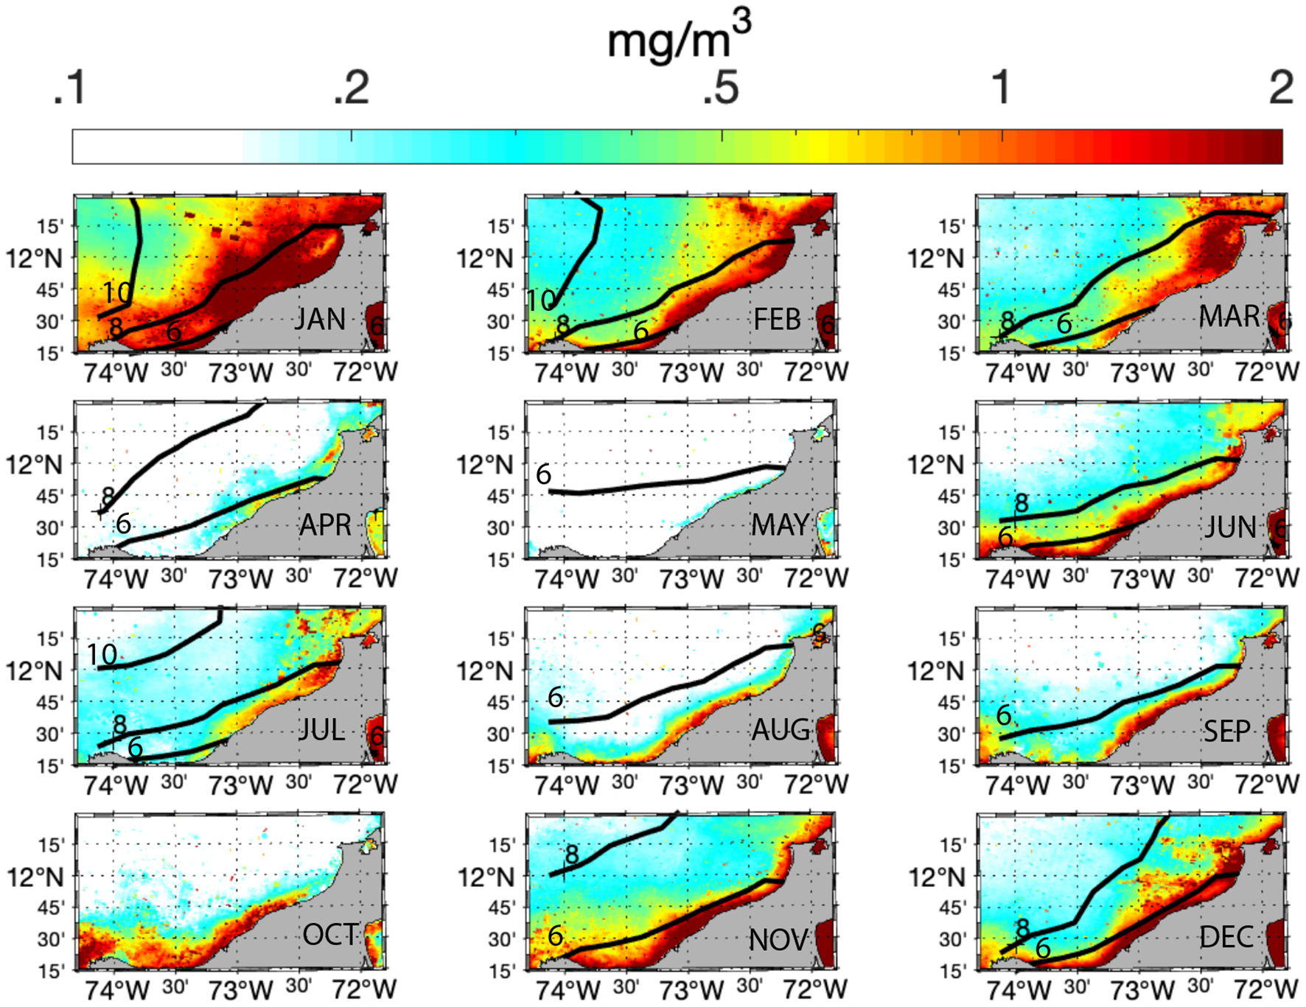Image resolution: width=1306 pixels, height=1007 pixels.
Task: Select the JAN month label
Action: pyautogui.click(x=320, y=319)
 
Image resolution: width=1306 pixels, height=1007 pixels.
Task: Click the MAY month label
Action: pyautogui.click(x=780, y=525)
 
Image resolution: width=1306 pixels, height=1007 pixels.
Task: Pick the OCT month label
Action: pyautogui.click(x=330, y=935)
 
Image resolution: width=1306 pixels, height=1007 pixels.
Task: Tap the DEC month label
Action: pyautogui.click(x=1226, y=937)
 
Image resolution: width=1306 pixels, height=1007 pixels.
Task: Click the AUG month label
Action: pyautogui.click(x=781, y=730)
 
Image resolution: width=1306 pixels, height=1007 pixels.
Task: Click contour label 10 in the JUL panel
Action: pyautogui.click(x=102, y=654)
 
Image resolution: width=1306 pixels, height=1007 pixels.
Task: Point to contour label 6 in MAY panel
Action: pyautogui.click(x=543, y=474)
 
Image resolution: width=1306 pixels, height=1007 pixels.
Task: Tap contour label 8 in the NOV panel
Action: pyautogui.click(x=572, y=855)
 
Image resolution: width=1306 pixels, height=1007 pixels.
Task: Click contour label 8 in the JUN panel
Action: pyautogui.click(x=1021, y=504)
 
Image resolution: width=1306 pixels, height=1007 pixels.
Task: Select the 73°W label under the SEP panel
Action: pyautogui.click(x=1142, y=785)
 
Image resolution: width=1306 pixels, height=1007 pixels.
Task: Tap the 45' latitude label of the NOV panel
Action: pyautogui.click(x=501, y=908)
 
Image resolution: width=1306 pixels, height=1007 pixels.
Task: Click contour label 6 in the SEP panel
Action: pyautogui.click(x=1004, y=715)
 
